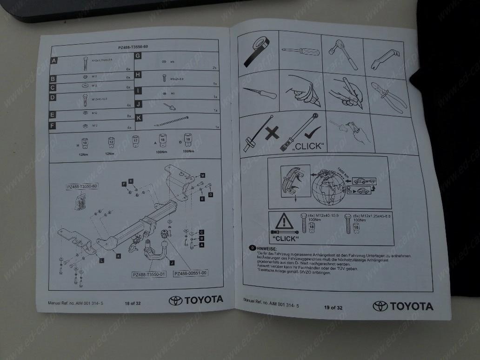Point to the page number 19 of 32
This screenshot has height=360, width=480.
[x=333, y=307]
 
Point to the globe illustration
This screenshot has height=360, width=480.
[x=330, y=188]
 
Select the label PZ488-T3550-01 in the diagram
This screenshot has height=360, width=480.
[x=149, y=274]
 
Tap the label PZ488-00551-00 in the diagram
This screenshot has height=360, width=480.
[x=190, y=273]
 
